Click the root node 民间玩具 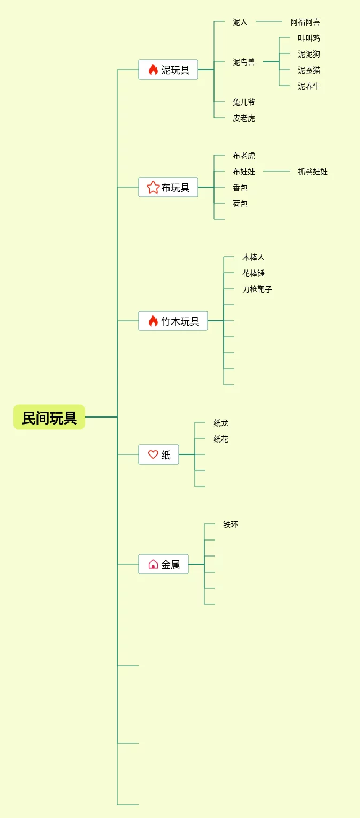click(x=49, y=417)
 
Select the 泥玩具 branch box click(x=168, y=70)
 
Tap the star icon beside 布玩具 click(x=153, y=187)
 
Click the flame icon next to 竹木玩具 click(x=153, y=321)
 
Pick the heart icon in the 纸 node click(x=153, y=454)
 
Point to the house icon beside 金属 click(x=153, y=564)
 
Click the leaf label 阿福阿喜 click(x=305, y=22)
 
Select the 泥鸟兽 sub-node click(x=244, y=62)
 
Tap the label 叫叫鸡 click(x=309, y=38)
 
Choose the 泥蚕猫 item click(x=309, y=70)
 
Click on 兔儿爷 click(x=244, y=102)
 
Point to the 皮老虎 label click(x=244, y=118)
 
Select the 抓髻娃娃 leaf click(x=313, y=172)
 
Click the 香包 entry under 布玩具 click(x=240, y=188)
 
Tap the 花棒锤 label click(x=254, y=273)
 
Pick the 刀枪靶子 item click(x=257, y=289)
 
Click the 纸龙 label click(x=221, y=423)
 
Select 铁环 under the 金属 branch click(x=231, y=524)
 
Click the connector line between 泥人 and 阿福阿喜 click(x=269, y=22)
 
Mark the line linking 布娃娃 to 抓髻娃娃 click(x=277, y=172)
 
